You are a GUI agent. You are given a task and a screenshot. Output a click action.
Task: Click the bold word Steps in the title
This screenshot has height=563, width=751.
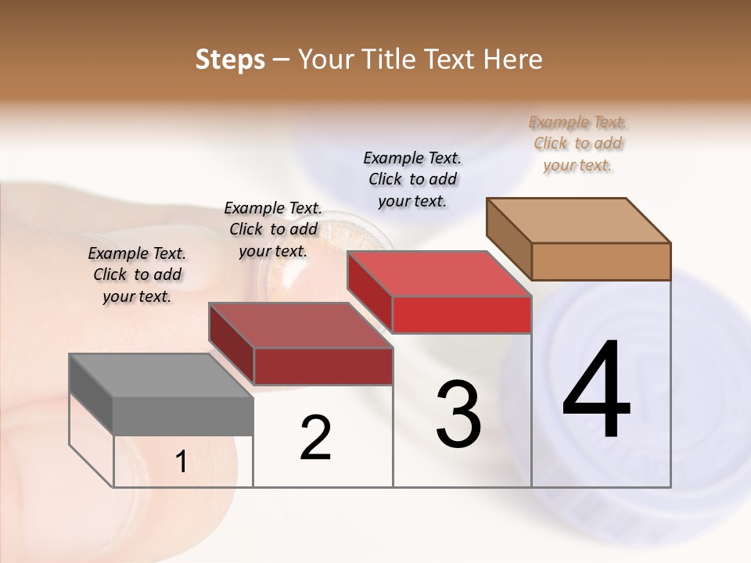click(230, 59)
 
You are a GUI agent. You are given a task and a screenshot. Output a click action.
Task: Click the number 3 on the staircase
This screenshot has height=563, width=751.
click(458, 414)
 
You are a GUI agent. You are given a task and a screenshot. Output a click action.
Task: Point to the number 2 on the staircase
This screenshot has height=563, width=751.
click(315, 438)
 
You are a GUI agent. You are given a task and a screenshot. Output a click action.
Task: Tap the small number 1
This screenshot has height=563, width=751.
click(181, 462)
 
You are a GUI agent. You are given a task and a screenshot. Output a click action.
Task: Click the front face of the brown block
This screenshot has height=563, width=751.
click(601, 261)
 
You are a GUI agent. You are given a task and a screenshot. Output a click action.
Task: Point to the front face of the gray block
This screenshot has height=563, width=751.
click(183, 416)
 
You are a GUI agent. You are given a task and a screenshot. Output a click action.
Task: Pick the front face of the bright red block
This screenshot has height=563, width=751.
click(462, 314)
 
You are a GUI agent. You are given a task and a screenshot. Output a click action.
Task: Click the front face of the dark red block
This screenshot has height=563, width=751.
click(322, 366)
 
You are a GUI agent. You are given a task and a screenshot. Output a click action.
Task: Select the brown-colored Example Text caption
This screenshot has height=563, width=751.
click(577, 144)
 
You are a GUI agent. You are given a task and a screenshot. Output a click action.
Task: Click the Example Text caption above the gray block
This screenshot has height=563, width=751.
click(137, 274)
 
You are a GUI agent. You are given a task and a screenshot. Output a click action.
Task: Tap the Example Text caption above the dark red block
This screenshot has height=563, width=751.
click(273, 229)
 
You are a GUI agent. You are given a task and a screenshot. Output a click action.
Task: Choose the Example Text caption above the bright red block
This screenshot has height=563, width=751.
click(412, 179)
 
